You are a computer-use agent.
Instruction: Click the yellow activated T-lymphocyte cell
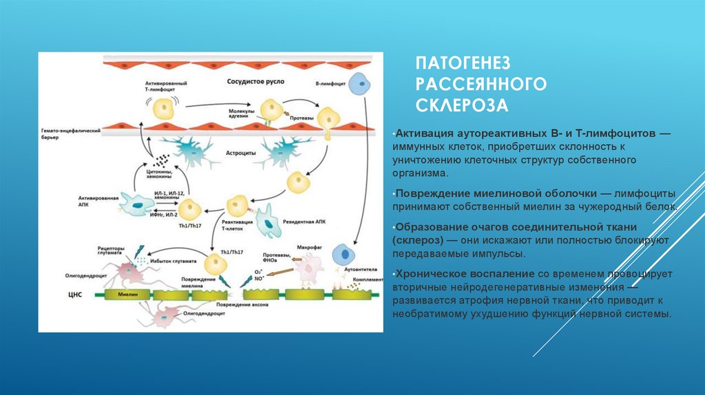(164, 107)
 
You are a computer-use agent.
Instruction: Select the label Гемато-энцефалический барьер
(69, 134)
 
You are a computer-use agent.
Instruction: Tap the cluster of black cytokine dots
(162, 160)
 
